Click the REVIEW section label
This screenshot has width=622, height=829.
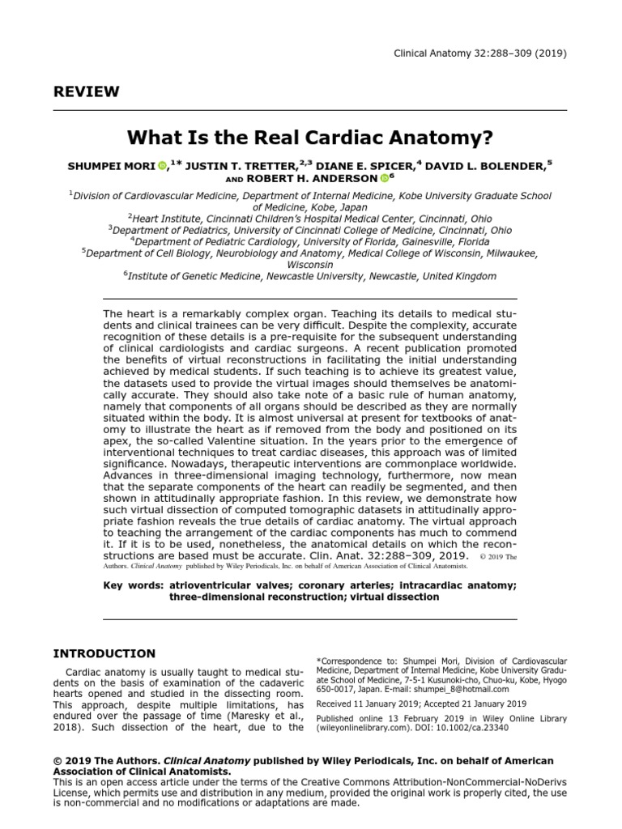click(x=86, y=91)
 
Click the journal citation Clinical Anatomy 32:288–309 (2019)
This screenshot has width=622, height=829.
click(x=480, y=53)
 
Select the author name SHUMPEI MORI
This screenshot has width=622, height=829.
click(x=112, y=166)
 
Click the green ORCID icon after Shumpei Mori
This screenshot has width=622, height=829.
click(x=162, y=166)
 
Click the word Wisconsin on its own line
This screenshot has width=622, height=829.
click(x=310, y=265)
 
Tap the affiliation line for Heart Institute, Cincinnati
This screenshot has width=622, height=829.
click(x=310, y=218)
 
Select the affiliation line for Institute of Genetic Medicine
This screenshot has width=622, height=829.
click(x=310, y=276)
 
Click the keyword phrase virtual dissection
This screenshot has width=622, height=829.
click(x=388, y=597)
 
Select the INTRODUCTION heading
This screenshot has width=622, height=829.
click(x=104, y=653)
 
